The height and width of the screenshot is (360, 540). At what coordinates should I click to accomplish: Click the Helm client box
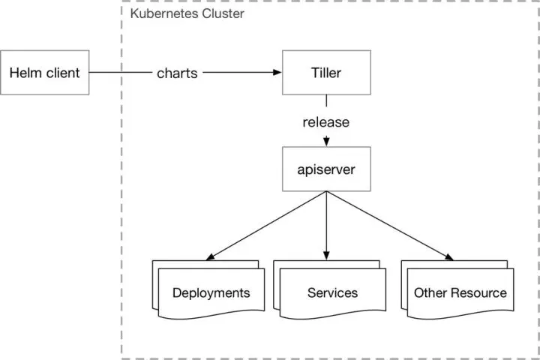coord(45,72)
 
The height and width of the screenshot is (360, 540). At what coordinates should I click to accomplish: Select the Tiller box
coord(326,72)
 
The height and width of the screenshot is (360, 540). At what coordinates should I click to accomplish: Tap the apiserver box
coord(326,169)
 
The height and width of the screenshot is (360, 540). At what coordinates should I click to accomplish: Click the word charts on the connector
coord(177,73)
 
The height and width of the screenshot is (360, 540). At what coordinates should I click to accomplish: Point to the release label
coord(326,122)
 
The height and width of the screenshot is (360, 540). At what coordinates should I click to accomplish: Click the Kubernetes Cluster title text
coord(187,13)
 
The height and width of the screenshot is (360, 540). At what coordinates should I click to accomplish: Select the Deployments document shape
coord(208,289)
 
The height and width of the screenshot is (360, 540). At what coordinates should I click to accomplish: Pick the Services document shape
coord(330,289)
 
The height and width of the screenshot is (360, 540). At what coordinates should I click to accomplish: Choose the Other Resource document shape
coord(457,289)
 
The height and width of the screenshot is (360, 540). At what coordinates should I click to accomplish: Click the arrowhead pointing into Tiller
coord(277,72)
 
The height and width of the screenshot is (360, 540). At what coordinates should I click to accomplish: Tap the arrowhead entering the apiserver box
coord(326,142)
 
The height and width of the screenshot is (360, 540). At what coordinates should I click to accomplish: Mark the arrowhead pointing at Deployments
coord(210,257)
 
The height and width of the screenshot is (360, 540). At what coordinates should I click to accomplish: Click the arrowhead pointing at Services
coord(326,255)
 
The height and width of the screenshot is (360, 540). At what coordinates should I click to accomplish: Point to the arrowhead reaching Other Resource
coord(449,257)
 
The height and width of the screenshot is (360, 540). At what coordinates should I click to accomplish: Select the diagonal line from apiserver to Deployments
coord(265,226)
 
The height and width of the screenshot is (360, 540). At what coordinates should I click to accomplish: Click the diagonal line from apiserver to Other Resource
coord(390,226)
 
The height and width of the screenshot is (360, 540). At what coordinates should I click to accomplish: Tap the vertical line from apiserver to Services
coord(326,226)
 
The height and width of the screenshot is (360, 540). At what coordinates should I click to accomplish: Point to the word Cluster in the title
coord(223,13)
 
